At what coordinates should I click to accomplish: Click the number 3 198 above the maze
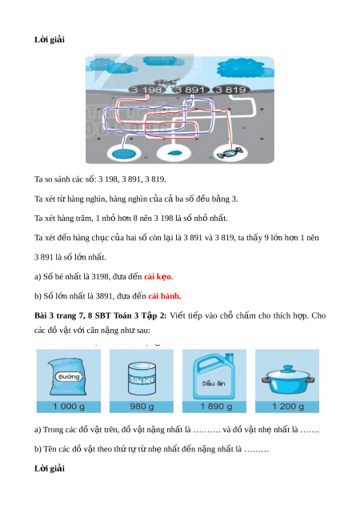coord(146,90)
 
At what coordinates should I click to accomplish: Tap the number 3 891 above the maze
coord(190,90)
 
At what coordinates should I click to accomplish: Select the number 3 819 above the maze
coord(230,90)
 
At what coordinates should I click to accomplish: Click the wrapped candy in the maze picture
coord(230,153)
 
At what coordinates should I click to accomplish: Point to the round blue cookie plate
coord(124,154)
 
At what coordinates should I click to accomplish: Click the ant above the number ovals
coord(166,82)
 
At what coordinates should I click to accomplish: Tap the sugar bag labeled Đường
coord(68,376)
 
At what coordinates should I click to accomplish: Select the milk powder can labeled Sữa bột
coord(142,379)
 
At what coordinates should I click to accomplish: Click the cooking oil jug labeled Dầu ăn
coord(214,376)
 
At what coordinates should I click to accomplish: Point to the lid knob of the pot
coord(287,368)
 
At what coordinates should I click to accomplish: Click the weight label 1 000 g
coord(69,407)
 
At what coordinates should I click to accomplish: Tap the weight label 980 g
coord(142,407)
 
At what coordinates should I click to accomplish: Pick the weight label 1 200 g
coord(288,407)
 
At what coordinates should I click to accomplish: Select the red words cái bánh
coord(165,296)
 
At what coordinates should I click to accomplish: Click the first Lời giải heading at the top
coord(50,40)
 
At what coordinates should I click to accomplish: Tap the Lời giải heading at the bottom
coord(50,468)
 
